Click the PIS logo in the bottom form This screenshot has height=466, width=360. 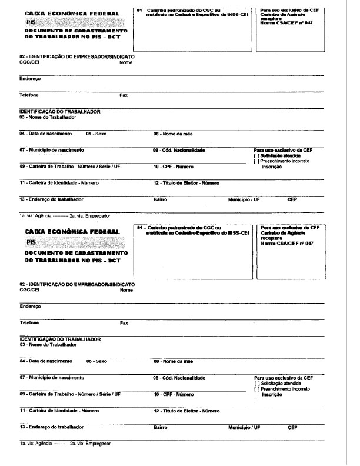[x=30, y=241]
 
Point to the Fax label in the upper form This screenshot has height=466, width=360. [x=124, y=95]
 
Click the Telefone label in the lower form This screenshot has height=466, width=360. [x=29, y=322]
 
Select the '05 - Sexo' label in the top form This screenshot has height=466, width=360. [x=96, y=134]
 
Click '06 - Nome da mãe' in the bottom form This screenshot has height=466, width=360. [x=174, y=361]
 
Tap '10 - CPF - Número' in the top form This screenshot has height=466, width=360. [x=174, y=167]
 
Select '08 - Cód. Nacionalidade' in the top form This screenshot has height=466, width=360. [x=179, y=150]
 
